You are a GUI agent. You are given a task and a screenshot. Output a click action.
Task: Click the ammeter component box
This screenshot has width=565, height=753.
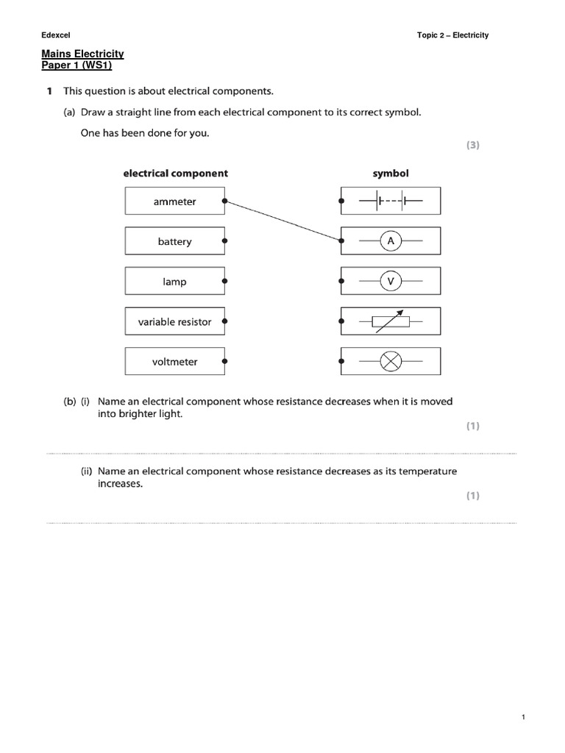point(175,201)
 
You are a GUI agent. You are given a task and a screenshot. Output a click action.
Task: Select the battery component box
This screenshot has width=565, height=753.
point(175,241)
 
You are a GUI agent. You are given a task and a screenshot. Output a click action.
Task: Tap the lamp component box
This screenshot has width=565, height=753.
point(175,282)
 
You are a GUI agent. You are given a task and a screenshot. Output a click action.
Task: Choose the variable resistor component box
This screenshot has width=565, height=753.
point(175,321)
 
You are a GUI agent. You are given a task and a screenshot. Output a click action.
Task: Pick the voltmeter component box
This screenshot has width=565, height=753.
point(175,362)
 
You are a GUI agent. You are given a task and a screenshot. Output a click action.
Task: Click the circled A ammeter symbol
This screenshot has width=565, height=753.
point(391,240)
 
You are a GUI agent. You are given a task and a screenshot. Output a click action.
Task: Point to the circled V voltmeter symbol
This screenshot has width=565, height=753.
point(391,281)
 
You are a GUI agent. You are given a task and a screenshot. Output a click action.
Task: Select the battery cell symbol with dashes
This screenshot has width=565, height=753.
point(391,200)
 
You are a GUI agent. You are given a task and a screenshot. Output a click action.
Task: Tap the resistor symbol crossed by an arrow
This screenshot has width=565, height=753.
point(391,321)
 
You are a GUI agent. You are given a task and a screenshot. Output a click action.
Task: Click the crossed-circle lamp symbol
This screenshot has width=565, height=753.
point(391,361)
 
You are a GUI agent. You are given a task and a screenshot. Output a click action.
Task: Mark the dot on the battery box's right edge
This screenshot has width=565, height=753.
point(224,240)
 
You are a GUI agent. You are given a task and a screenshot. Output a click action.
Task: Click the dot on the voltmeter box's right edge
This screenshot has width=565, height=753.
point(224,362)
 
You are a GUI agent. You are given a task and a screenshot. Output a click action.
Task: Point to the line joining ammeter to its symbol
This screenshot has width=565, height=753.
point(283,221)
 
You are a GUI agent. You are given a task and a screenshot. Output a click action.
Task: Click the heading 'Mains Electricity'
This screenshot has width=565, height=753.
point(82,54)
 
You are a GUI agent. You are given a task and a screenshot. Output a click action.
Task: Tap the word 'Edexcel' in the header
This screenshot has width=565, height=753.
point(55,35)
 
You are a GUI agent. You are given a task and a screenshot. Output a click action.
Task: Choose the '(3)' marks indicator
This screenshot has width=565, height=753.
point(472,146)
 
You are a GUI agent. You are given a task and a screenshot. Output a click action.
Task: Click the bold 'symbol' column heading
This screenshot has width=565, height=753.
point(391,174)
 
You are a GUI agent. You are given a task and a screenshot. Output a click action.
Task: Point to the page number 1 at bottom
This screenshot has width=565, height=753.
point(522,718)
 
